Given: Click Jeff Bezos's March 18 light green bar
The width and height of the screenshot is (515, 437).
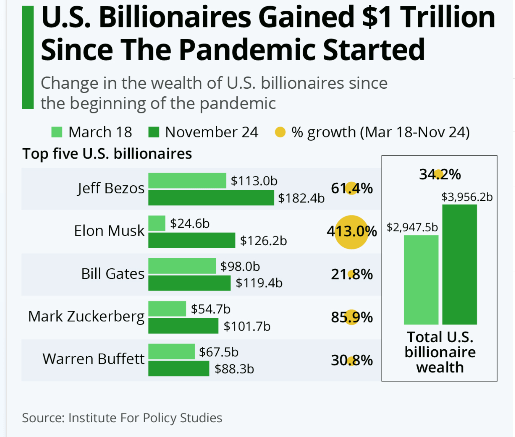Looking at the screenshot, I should click(187, 181).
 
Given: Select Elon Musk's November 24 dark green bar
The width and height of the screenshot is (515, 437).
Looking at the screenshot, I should click(192, 241).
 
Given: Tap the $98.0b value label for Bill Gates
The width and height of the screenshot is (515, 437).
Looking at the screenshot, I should click(240, 266).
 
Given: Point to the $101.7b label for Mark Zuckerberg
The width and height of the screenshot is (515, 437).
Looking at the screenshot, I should click(247, 326).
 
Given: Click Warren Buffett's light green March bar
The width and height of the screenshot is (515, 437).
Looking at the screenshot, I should click(172, 351).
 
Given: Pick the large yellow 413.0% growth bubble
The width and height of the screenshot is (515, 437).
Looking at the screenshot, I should click(351, 232).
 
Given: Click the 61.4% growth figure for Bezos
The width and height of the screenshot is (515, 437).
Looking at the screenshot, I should click(352, 188).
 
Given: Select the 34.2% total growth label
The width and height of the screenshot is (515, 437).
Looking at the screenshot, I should click(440, 174).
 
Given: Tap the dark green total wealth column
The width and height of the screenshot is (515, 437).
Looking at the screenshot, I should click(459, 264).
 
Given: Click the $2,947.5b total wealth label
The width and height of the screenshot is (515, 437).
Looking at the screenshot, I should click(412, 228).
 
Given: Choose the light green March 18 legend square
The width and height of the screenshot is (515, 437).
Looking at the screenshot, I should click(57, 132).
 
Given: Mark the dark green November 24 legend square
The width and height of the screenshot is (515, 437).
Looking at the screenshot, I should click(153, 132).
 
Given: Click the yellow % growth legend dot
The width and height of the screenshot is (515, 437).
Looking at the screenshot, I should click(280, 132).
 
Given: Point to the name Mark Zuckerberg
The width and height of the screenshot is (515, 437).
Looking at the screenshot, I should click(86, 317).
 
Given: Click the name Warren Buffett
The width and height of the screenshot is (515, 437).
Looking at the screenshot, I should click(93, 359).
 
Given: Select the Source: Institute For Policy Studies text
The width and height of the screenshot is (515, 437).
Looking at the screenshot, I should click(122, 418).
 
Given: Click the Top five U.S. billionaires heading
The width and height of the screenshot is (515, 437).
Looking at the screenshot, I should click(107, 154).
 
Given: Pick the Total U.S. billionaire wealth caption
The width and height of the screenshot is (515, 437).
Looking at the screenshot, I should click(440, 352).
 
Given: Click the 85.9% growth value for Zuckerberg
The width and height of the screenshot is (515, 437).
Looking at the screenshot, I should click(352, 317).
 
